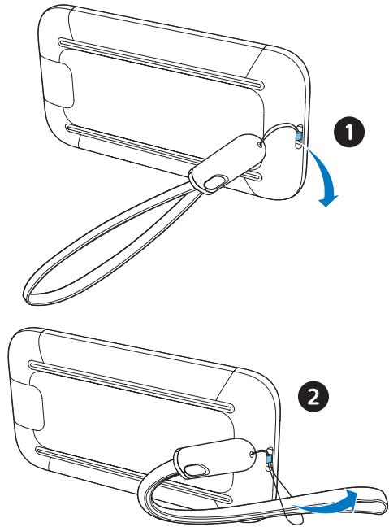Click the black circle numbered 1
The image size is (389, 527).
(349, 132)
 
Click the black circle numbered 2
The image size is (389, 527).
(313, 399)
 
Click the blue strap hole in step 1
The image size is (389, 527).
(298, 136)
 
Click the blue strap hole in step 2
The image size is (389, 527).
(269, 459)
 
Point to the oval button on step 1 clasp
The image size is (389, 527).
(215, 181)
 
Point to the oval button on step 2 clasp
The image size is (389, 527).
(195, 469)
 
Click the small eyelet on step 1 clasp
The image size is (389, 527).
(261, 144)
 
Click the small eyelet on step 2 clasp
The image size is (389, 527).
(252, 453)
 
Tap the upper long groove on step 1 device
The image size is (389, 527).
(161, 63)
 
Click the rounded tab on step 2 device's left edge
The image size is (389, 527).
(29, 405)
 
